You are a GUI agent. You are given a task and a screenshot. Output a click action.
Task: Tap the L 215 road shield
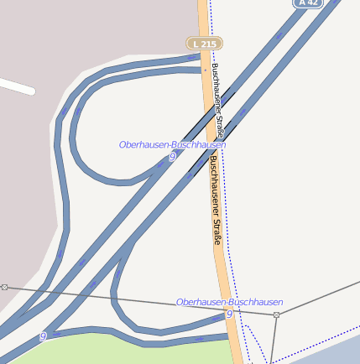[x=204, y=43]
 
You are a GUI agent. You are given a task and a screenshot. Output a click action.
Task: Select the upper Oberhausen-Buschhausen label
[x=172, y=144]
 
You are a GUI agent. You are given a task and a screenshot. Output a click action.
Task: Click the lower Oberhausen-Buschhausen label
[x=229, y=301]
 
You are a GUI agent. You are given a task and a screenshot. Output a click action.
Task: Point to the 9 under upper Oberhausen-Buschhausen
[x=172, y=157]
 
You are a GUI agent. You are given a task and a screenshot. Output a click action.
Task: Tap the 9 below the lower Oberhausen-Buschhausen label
[x=228, y=314]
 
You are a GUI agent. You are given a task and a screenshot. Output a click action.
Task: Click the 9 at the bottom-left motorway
[x=42, y=337]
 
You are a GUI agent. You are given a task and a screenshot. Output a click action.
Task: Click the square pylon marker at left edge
[x=3, y=287]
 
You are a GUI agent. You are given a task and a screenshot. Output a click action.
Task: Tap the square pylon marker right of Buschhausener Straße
[x=276, y=315]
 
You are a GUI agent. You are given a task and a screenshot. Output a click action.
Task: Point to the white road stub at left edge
[x=17, y=86]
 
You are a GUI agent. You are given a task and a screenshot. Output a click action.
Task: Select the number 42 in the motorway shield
[x=312, y=3]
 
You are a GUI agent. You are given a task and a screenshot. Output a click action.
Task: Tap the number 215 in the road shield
[x=208, y=43]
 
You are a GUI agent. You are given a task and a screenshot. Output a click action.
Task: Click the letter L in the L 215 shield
[x=196, y=43]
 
